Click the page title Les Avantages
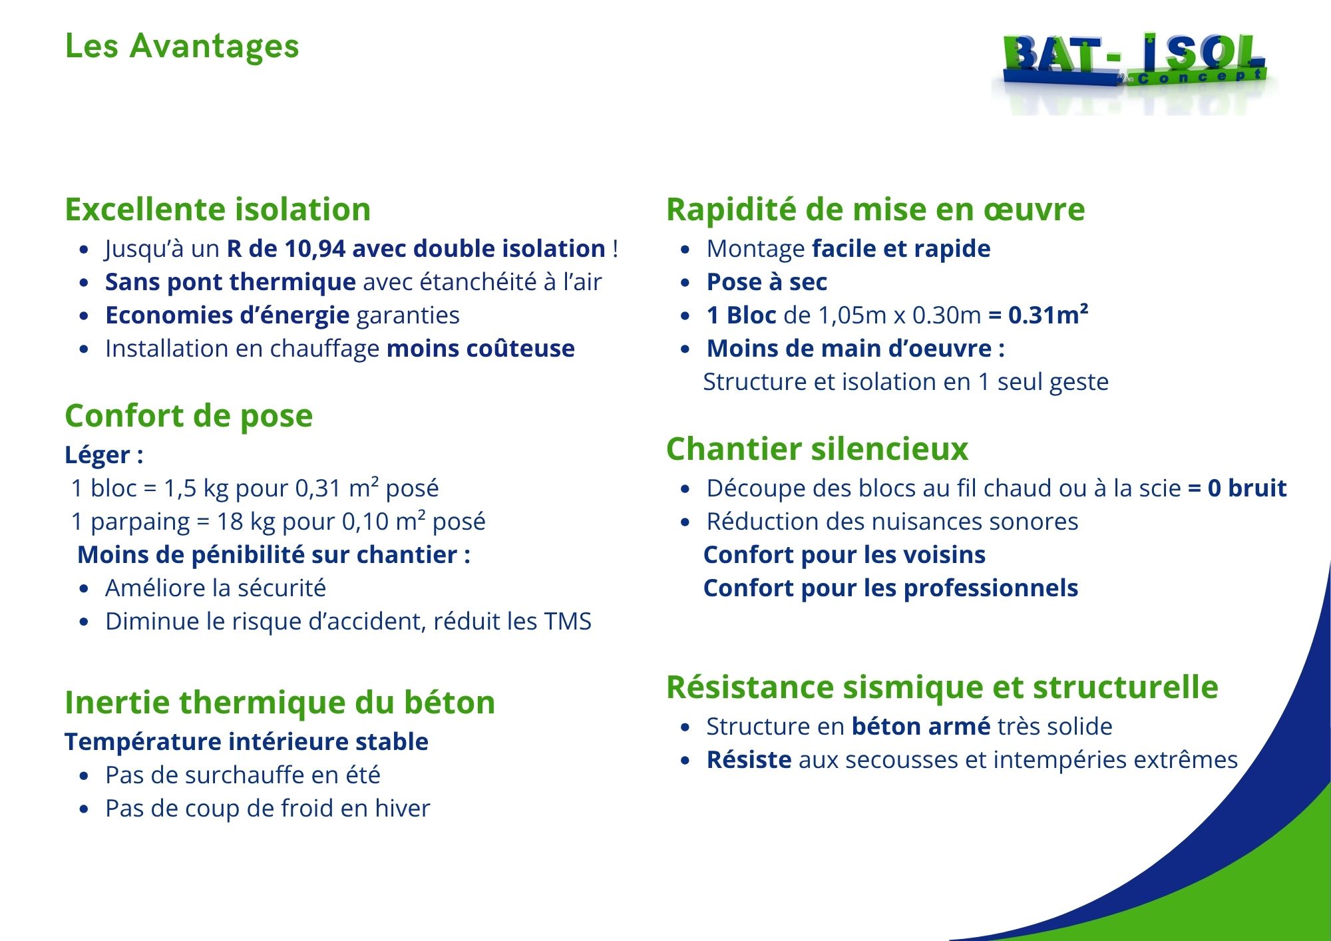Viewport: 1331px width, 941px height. (182, 47)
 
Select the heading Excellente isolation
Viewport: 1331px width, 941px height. (218, 210)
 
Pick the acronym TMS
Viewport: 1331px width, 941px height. (568, 622)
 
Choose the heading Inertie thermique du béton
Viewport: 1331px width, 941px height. (280, 703)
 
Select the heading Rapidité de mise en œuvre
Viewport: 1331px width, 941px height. (876, 210)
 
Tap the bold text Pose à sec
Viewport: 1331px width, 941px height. (767, 282)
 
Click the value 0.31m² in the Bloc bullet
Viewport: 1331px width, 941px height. (1048, 315)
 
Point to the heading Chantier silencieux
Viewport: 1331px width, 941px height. (817, 449)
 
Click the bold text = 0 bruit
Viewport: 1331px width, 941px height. (1237, 488)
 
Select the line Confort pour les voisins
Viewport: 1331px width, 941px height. (845, 555)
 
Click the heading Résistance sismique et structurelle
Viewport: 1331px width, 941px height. (942, 687)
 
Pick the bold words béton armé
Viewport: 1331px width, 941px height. (921, 727)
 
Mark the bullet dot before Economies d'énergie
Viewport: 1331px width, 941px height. (84, 316)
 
